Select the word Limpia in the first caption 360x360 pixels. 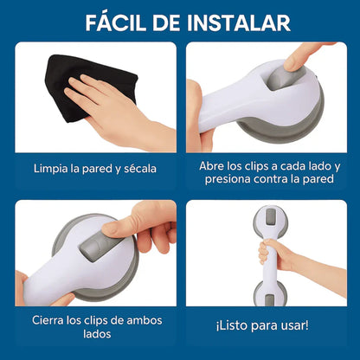pyautogui.click(x=52, y=168)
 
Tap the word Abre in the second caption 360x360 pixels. pyautogui.click(x=212, y=164)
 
